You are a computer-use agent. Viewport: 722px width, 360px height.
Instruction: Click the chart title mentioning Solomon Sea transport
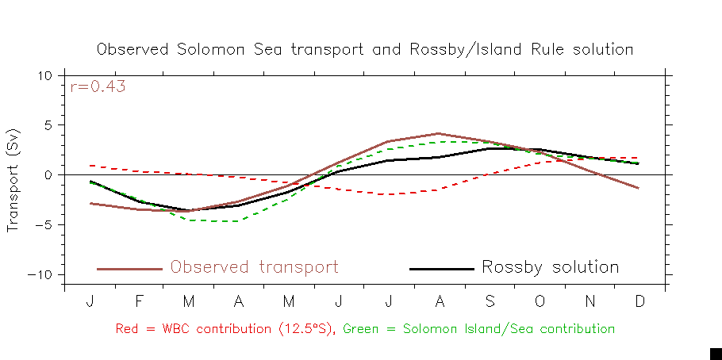pyautogui.click(x=365, y=49)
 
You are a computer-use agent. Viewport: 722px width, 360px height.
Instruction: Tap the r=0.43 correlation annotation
pyautogui.click(x=98, y=87)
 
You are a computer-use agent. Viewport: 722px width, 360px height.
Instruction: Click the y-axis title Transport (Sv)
pyautogui.click(x=13, y=180)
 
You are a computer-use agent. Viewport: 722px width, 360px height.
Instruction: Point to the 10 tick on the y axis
pyautogui.click(x=44, y=75)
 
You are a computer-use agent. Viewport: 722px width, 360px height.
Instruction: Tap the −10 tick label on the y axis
pyautogui.click(x=41, y=274)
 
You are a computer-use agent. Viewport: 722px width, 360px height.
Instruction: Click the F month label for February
pyautogui.click(x=139, y=302)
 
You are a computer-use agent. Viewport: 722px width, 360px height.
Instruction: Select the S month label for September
pyautogui.click(x=490, y=302)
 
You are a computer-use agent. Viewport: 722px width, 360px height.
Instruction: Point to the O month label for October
pyautogui.click(x=540, y=302)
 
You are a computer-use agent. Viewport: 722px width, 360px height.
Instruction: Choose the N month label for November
pyautogui.click(x=590, y=302)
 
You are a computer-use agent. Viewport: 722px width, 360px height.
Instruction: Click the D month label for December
pyautogui.click(x=639, y=302)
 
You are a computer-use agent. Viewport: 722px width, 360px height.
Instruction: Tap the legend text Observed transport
pyautogui.click(x=254, y=268)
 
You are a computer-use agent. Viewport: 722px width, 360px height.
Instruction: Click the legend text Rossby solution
pyautogui.click(x=550, y=268)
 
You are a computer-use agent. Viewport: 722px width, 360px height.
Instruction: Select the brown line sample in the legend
pyautogui.click(x=129, y=269)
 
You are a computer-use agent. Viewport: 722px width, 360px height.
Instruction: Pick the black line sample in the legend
pyautogui.click(x=441, y=269)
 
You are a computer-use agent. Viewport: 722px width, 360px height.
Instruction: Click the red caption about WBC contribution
pyautogui.click(x=227, y=328)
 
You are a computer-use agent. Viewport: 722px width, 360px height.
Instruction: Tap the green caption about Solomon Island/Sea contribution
pyautogui.click(x=479, y=328)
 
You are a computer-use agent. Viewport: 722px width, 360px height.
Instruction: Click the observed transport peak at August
pyautogui.click(x=439, y=134)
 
